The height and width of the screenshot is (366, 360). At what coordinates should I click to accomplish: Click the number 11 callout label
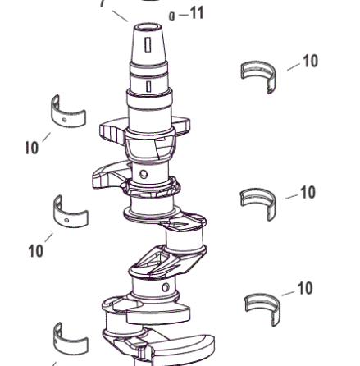tap(197, 13)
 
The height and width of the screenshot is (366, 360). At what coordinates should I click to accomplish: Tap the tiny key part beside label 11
tap(171, 16)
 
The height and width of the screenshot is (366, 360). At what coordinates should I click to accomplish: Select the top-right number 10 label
tap(311, 61)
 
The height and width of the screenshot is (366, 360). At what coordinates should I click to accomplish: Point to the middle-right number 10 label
tap(308, 192)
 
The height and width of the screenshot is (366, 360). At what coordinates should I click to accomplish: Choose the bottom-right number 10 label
tap(305, 288)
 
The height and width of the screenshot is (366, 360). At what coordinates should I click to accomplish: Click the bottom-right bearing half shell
tap(262, 307)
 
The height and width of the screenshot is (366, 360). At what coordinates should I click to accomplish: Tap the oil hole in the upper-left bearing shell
tap(64, 120)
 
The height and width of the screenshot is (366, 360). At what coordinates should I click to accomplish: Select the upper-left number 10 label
tap(32, 148)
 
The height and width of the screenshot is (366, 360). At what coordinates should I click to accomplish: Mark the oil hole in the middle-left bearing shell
tap(66, 221)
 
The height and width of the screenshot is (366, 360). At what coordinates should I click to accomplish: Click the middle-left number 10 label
tap(36, 250)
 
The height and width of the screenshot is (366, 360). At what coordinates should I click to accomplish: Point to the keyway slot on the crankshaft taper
tap(148, 44)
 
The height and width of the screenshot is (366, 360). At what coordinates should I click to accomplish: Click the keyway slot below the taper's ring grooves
tap(148, 86)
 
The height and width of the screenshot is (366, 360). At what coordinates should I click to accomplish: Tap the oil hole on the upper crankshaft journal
tap(144, 174)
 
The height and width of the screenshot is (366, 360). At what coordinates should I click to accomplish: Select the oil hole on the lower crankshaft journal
tap(166, 287)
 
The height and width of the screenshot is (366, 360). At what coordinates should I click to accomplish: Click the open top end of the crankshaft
tap(148, 27)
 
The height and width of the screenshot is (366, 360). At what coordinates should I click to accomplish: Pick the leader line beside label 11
tap(184, 15)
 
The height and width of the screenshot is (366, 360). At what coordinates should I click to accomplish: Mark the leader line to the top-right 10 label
tap(294, 66)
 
